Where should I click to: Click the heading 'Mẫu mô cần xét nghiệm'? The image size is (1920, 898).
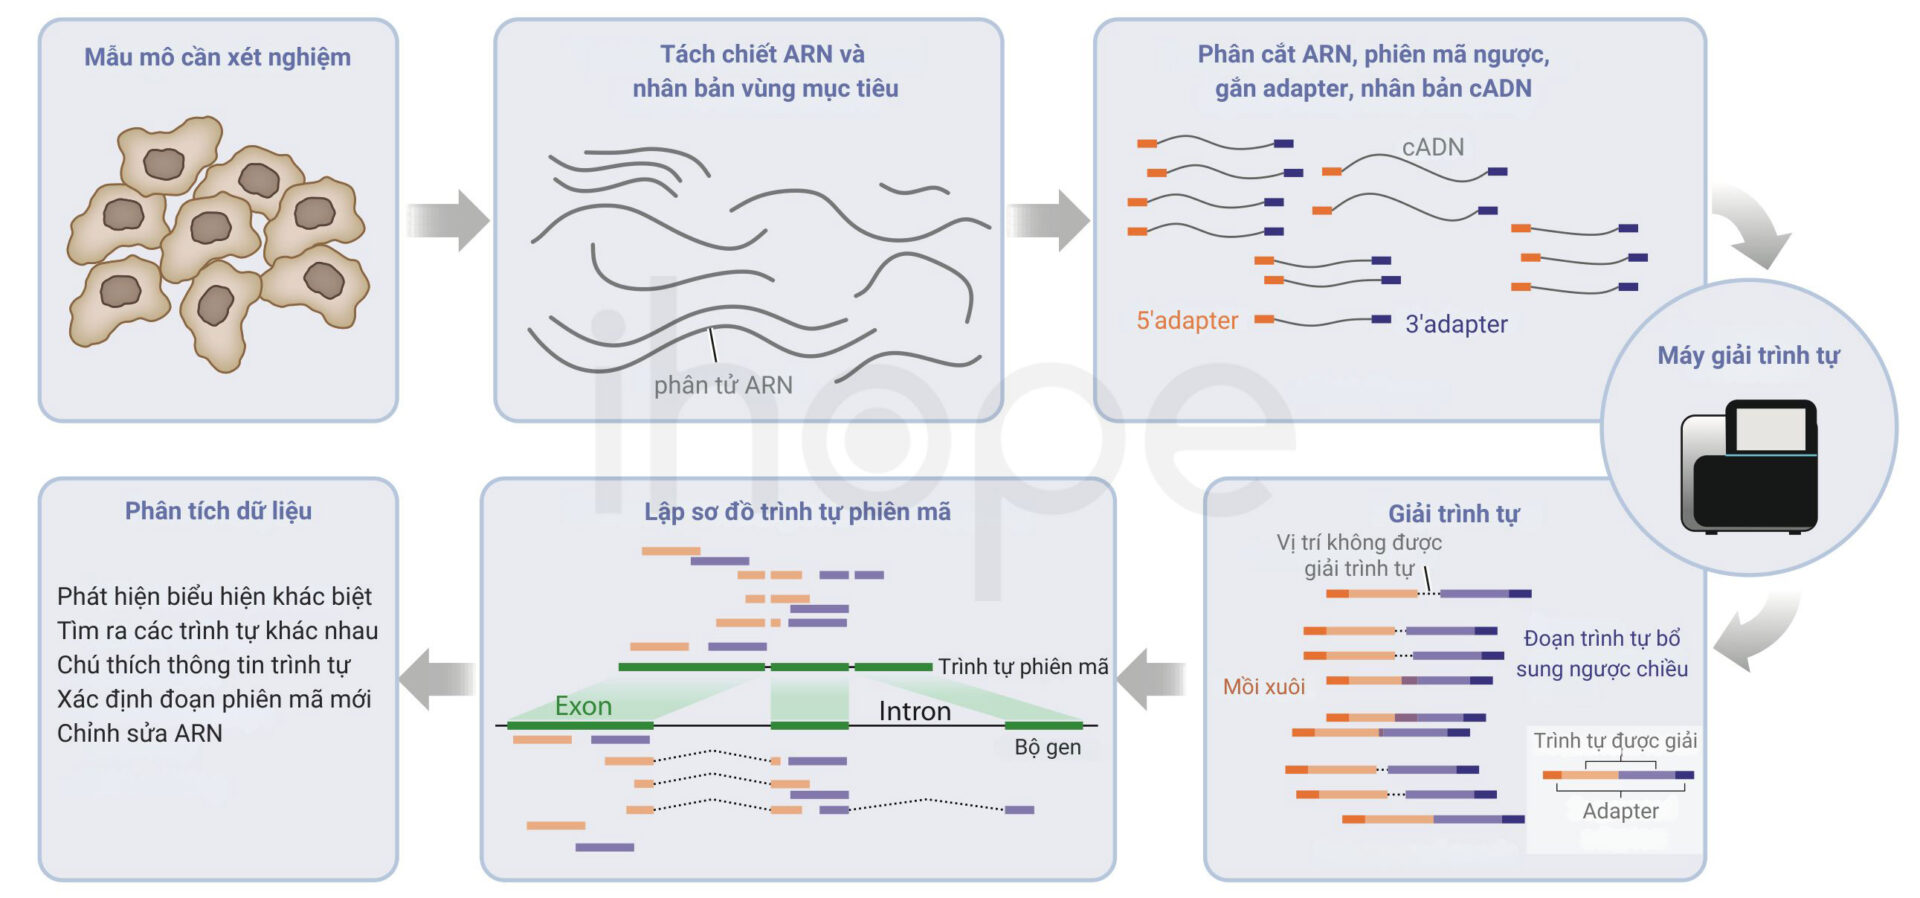217,57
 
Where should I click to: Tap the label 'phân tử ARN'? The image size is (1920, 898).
723,385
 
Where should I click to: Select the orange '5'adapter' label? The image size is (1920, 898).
1187,320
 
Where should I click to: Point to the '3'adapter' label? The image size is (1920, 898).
1456,324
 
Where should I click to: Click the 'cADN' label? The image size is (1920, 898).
1433,147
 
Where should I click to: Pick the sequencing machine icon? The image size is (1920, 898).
1749,466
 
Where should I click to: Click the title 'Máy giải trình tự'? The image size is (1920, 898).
1748,356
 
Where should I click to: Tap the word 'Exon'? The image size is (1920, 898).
583,706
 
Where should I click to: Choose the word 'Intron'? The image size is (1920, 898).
914,711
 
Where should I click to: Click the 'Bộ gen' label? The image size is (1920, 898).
1047,747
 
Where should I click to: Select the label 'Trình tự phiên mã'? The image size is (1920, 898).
1023,667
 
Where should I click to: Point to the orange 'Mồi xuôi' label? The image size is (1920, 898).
1264,687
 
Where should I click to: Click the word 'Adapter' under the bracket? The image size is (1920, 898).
1620,811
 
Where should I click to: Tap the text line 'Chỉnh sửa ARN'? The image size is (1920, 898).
140,733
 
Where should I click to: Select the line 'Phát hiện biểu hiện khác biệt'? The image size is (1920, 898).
214,597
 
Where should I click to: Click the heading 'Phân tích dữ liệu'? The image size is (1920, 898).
218,511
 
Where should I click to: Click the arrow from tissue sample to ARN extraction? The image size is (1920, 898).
447,220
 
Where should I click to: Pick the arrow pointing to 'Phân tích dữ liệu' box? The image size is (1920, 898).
437,679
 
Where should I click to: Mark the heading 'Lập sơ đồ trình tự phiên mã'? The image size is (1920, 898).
797,512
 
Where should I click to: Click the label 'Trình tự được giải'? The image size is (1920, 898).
1615,741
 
